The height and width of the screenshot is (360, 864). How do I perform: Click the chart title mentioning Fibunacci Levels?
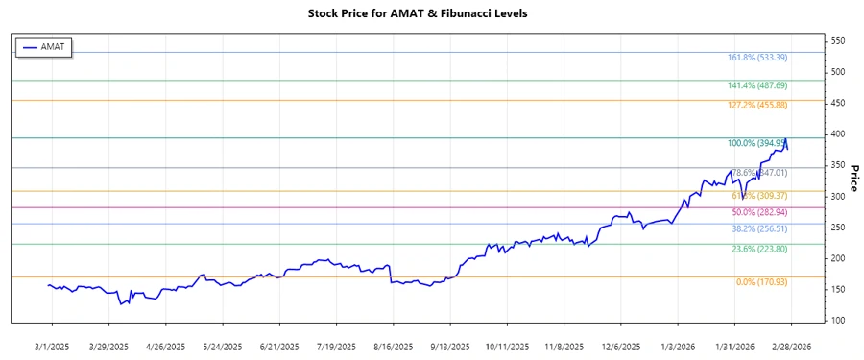tap(431, 14)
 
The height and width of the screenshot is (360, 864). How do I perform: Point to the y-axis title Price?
tap(852, 178)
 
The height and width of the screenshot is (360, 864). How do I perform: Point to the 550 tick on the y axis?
tap(838, 41)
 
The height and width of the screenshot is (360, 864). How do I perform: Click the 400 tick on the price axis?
tap(838, 134)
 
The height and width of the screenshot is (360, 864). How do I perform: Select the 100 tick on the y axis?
tap(838, 321)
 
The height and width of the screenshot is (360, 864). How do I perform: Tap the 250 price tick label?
tap(838, 228)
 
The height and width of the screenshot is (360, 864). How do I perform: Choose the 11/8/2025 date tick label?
tap(564, 346)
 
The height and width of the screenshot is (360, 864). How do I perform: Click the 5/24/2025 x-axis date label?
tap(222, 346)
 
